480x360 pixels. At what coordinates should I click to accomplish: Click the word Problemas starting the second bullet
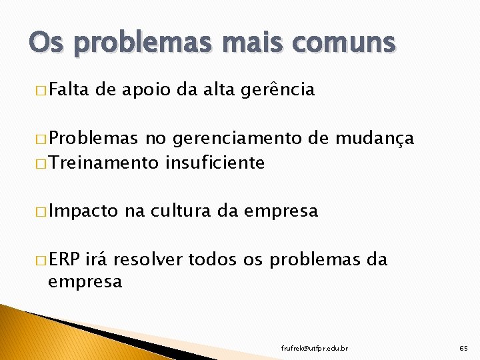coord(93,139)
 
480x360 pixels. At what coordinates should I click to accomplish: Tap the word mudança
coord(375,139)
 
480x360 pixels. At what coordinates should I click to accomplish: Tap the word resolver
coord(150,259)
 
